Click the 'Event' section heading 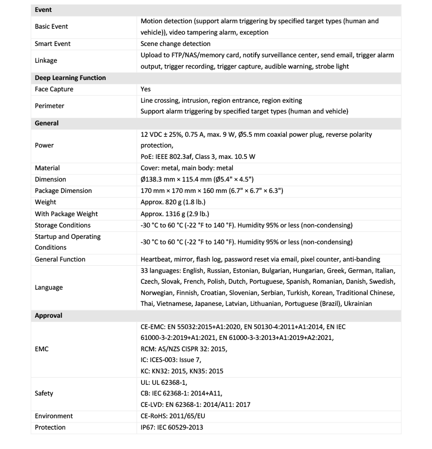pos(44,10)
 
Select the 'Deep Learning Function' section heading pos(70,78)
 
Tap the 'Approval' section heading pos(49,316)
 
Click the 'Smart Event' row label pos(52,44)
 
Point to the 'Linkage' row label pos(46,61)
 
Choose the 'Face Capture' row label pos(54,89)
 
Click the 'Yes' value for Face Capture pos(145,89)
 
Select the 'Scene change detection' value pos(175,44)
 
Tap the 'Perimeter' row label pos(49,106)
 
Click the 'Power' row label pos(44,145)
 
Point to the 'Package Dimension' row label pos(63,191)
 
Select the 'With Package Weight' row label pos(66,214)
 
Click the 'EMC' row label pos(42,349)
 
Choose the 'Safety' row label pos(44,393)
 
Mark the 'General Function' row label pos(60,259)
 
